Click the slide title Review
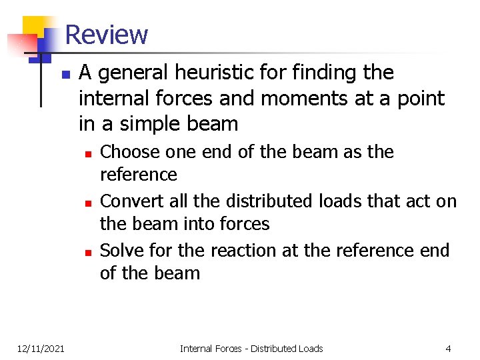tap(107, 34)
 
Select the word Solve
tap(121, 251)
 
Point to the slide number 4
tap(448, 348)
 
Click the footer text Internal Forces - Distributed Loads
tap(251, 348)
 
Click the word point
tap(421, 98)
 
